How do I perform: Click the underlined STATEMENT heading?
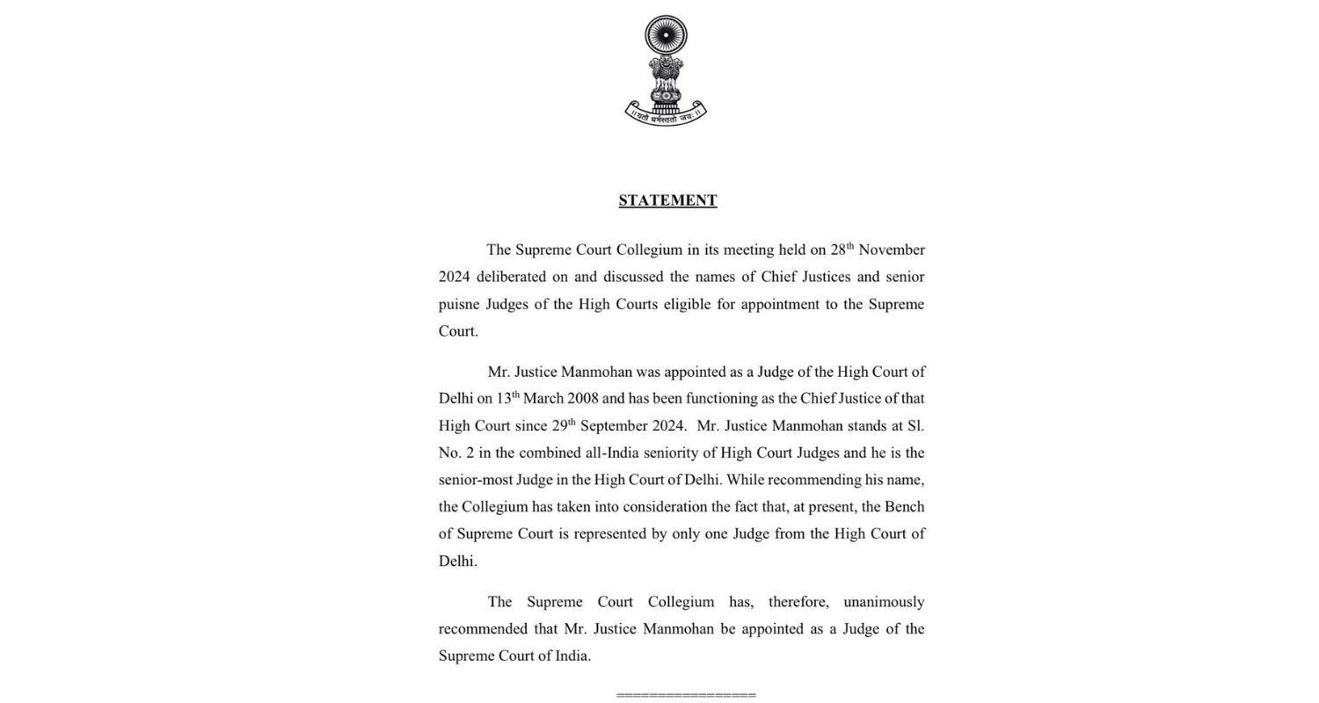click(x=667, y=200)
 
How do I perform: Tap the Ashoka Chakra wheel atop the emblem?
click(x=666, y=36)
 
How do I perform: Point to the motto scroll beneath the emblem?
click(x=666, y=114)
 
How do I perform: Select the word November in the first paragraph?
click(x=891, y=250)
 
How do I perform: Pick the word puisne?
click(x=459, y=304)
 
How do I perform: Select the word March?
click(x=543, y=398)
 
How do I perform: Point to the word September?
click(x=631, y=425)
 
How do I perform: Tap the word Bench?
click(x=904, y=507)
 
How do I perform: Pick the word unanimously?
click(x=883, y=602)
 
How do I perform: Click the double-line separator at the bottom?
click(x=686, y=695)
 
